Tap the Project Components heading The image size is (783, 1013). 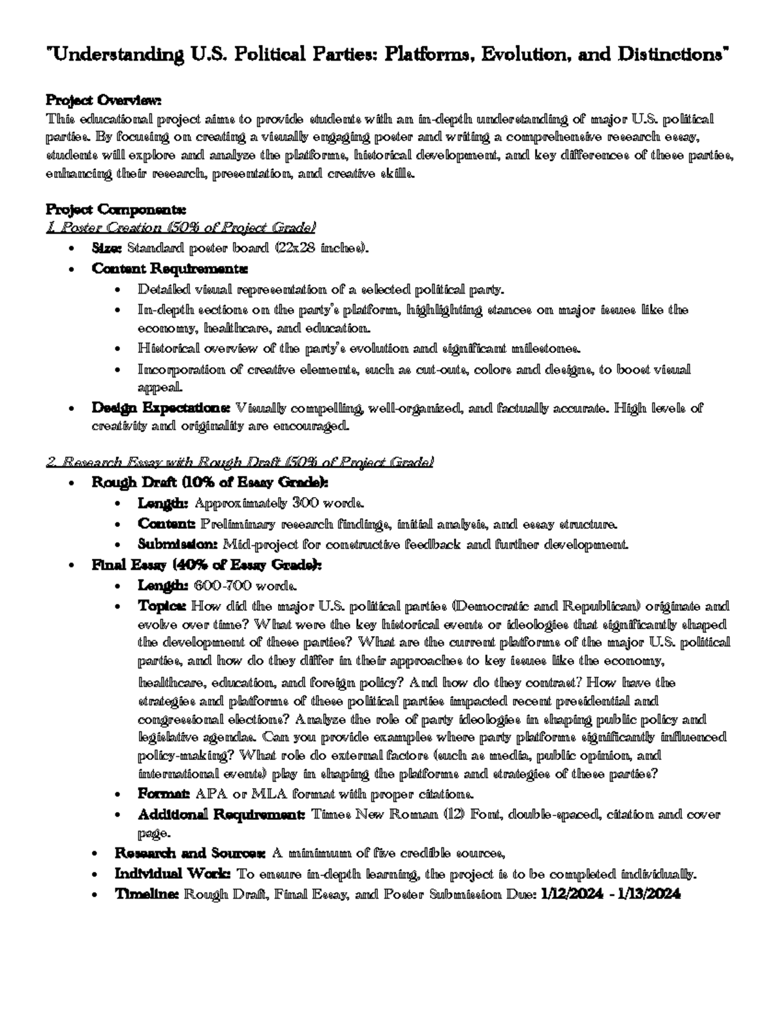click(115, 210)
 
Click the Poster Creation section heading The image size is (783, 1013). click(181, 228)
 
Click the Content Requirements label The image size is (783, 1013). click(170, 268)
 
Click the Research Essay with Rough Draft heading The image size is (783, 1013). click(239, 462)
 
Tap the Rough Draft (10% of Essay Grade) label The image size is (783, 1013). click(210, 483)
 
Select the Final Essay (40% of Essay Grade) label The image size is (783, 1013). click(206, 565)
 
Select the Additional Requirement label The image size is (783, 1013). click(221, 815)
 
